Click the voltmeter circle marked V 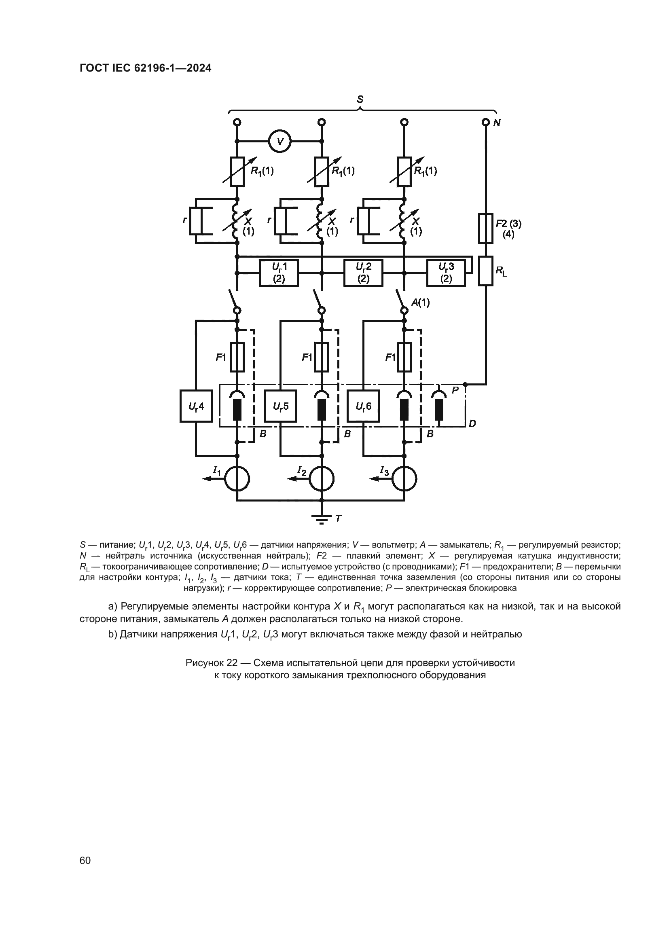point(280,142)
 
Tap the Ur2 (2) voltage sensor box point(363,273)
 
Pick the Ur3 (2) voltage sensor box point(446,273)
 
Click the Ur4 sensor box point(196,406)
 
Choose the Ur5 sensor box point(280,406)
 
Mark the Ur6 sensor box point(363,406)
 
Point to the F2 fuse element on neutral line point(486,228)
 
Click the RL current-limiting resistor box point(486,271)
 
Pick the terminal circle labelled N point(486,123)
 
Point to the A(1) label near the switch point(420,303)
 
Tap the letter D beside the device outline point(472,423)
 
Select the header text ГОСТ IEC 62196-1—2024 point(146,68)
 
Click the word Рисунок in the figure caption point(205,662)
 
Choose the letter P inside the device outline point(455,390)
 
